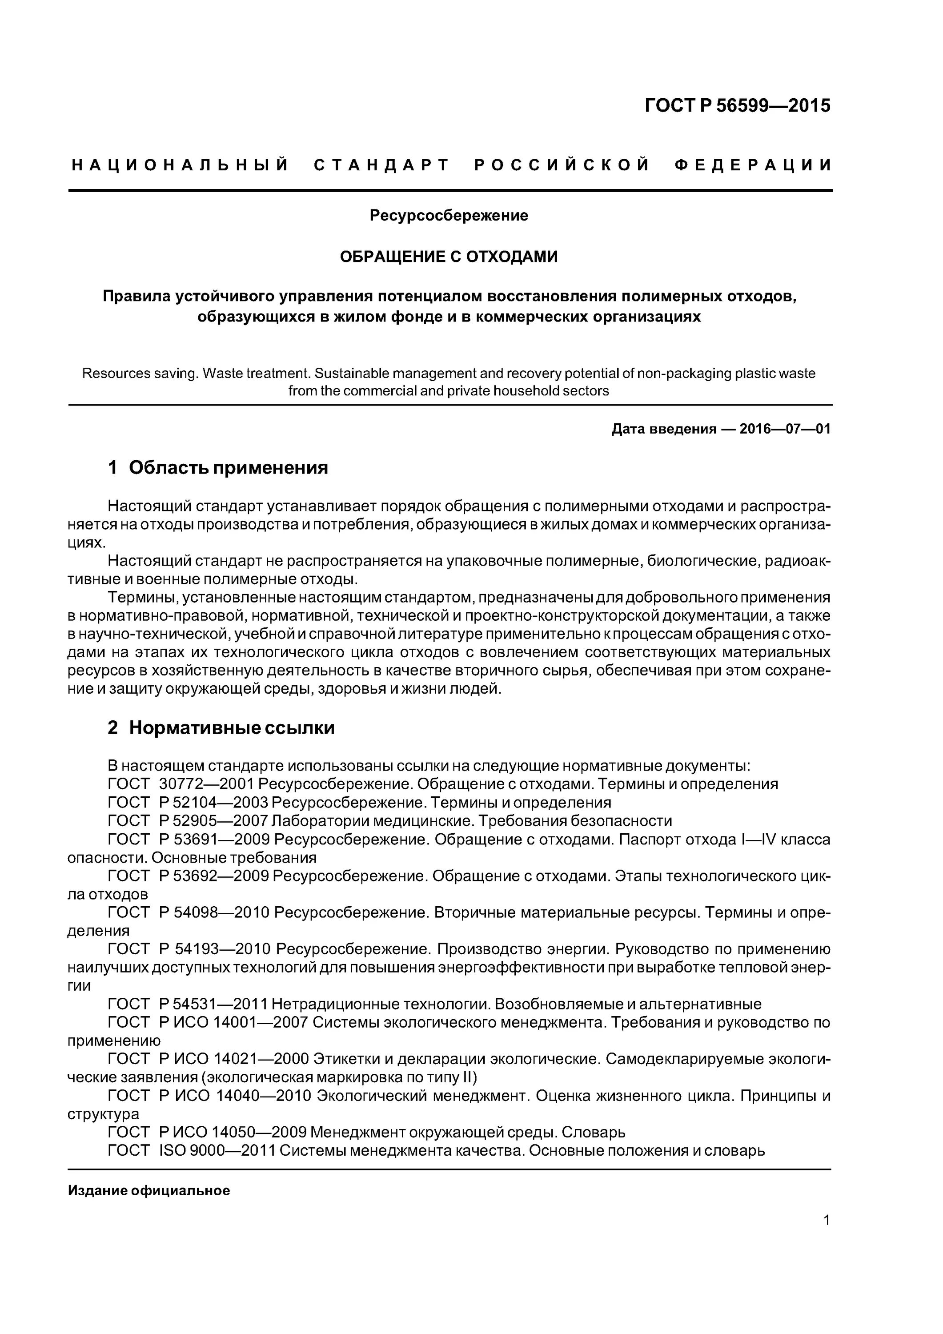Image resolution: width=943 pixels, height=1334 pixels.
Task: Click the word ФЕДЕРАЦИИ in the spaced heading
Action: click(x=753, y=165)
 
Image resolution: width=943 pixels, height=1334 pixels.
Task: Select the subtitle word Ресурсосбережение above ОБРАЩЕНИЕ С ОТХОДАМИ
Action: click(x=449, y=216)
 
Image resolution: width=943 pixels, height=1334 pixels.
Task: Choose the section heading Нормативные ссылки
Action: click(x=231, y=727)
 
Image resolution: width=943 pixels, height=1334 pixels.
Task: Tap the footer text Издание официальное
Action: click(x=149, y=1190)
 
